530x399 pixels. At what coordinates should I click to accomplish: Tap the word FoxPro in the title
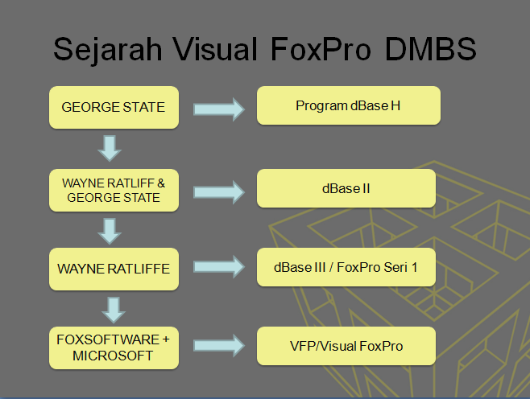pyautogui.click(x=317, y=50)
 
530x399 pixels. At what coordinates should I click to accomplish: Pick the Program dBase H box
pyautogui.click(x=348, y=105)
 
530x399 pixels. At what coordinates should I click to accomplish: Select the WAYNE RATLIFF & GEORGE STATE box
pyautogui.click(x=113, y=189)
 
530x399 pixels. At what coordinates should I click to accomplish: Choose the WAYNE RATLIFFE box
pyautogui.click(x=113, y=268)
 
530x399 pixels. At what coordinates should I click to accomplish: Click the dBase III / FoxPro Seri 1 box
pyautogui.click(x=346, y=267)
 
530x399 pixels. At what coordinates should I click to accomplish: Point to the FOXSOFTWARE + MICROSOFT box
pyautogui.click(x=113, y=347)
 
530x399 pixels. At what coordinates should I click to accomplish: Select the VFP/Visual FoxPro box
pyautogui.click(x=346, y=346)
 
